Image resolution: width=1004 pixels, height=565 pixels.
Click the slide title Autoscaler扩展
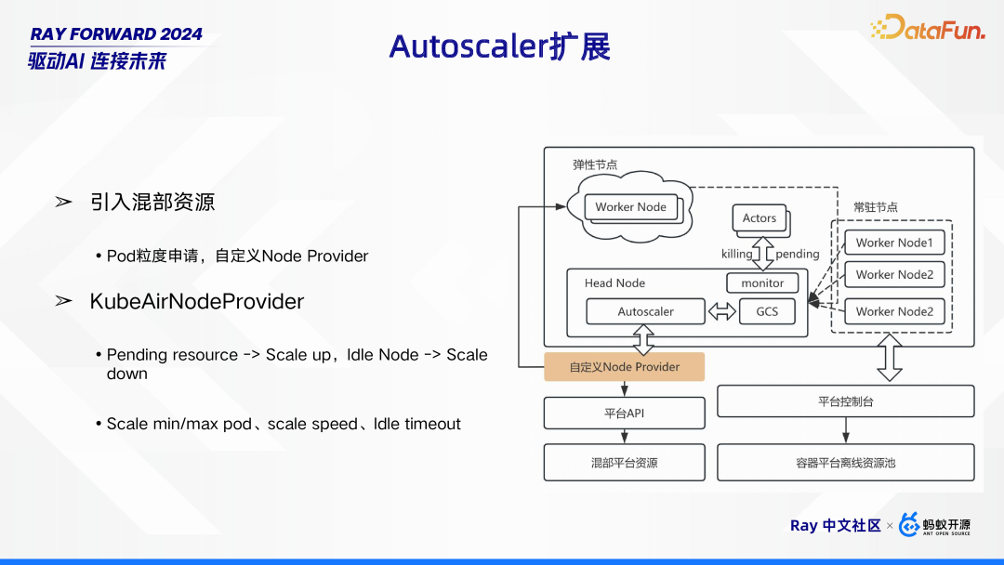click(x=500, y=46)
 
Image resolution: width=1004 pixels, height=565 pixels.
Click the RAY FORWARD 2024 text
click(x=116, y=33)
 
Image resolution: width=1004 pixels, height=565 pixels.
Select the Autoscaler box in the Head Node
click(x=645, y=312)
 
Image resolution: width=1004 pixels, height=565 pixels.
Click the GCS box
click(x=767, y=312)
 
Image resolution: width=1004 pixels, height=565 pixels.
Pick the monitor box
click(x=762, y=282)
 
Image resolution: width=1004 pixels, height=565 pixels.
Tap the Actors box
click(x=759, y=218)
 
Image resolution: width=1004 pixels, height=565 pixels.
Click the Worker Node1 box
click(x=893, y=243)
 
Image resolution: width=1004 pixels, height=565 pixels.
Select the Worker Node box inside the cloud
click(x=630, y=207)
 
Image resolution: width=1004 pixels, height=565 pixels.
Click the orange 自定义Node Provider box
click(x=624, y=367)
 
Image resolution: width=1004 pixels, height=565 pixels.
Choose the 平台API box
click(x=624, y=413)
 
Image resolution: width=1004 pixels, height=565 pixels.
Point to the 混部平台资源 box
click(x=624, y=462)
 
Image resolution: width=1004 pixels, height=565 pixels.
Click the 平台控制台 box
click(x=845, y=401)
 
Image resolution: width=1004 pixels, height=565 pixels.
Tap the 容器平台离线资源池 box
click(x=845, y=462)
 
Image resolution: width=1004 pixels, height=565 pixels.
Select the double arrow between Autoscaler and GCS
click(x=721, y=312)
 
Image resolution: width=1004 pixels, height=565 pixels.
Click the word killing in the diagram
click(x=737, y=254)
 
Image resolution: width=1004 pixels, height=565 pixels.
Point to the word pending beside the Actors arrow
click(x=798, y=254)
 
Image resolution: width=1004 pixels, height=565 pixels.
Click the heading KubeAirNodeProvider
click(x=196, y=302)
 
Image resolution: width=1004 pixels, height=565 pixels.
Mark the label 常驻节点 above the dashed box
click(x=876, y=207)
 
